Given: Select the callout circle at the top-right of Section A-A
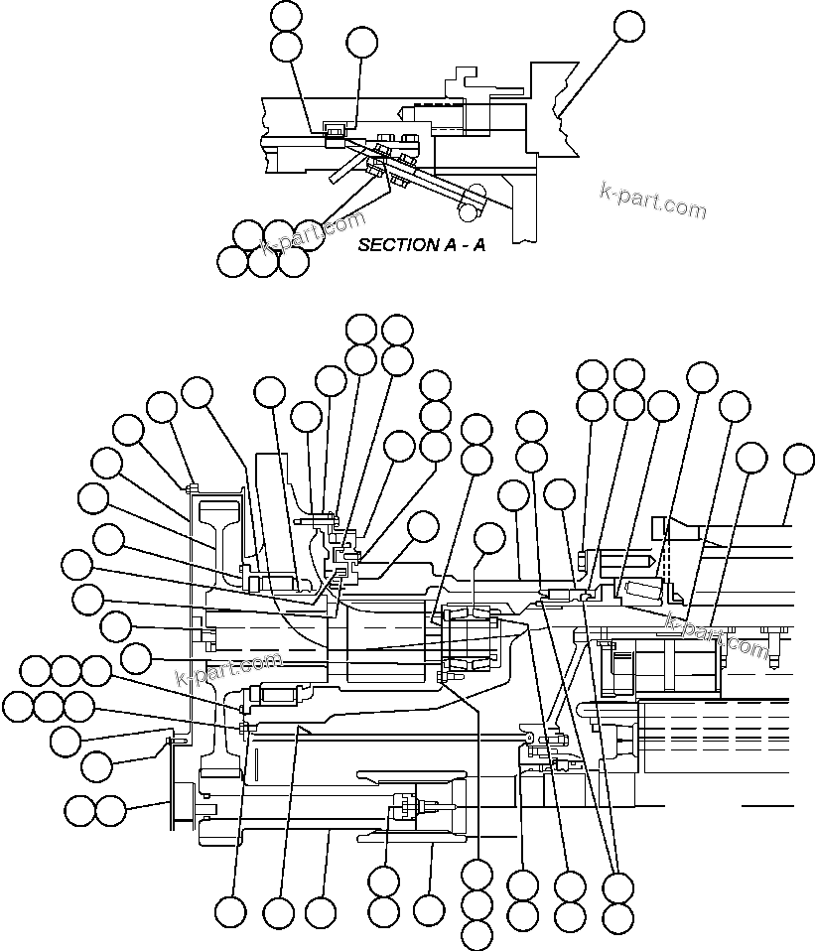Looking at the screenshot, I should click(628, 27).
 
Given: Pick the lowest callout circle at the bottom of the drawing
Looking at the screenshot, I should click(477, 934).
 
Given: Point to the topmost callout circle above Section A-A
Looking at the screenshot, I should click(287, 15).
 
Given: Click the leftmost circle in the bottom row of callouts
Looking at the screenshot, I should click(230, 911).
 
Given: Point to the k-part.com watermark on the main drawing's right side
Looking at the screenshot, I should click(717, 635).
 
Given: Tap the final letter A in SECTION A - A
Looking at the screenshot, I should click(478, 244).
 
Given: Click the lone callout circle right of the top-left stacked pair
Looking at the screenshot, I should click(361, 42).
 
